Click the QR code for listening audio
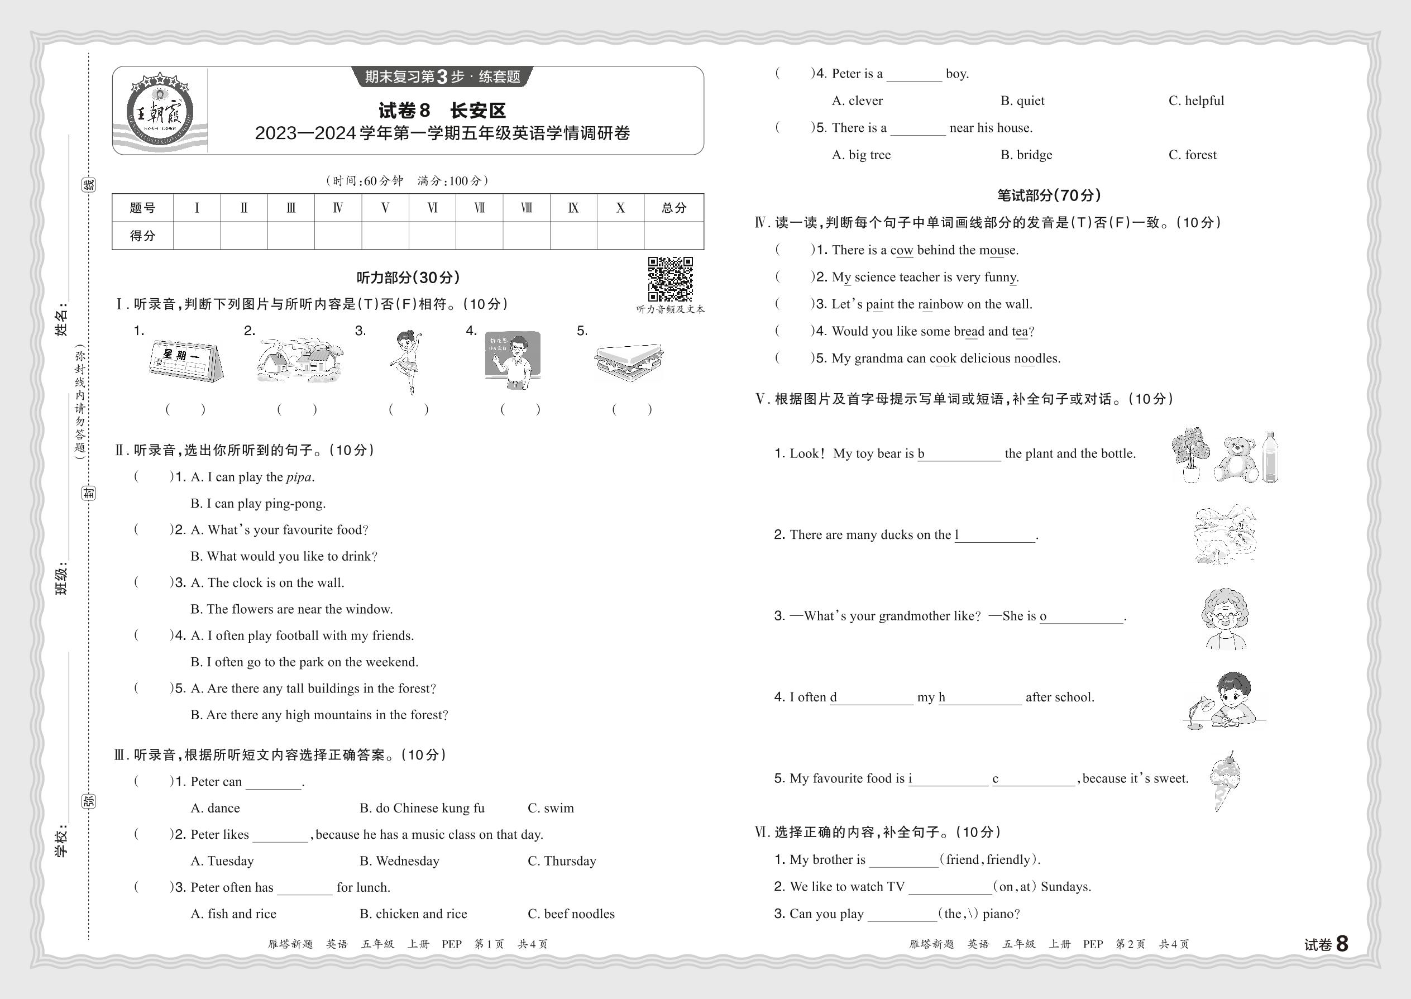(x=671, y=279)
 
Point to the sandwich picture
(x=629, y=362)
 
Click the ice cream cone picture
(x=1225, y=780)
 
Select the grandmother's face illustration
(x=1225, y=617)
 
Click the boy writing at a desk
(x=1227, y=700)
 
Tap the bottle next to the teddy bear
(x=1270, y=456)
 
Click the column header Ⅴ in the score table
(x=385, y=208)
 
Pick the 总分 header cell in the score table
(x=673, y=208)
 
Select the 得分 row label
(x=143, y=236)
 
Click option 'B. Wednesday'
(x=399, y=861)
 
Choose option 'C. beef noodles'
(x=571, y=914)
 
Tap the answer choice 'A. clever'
(x=857, y=101)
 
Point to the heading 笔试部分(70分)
(x=1048, y=195)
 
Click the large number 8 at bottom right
(x=1342, y=944)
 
